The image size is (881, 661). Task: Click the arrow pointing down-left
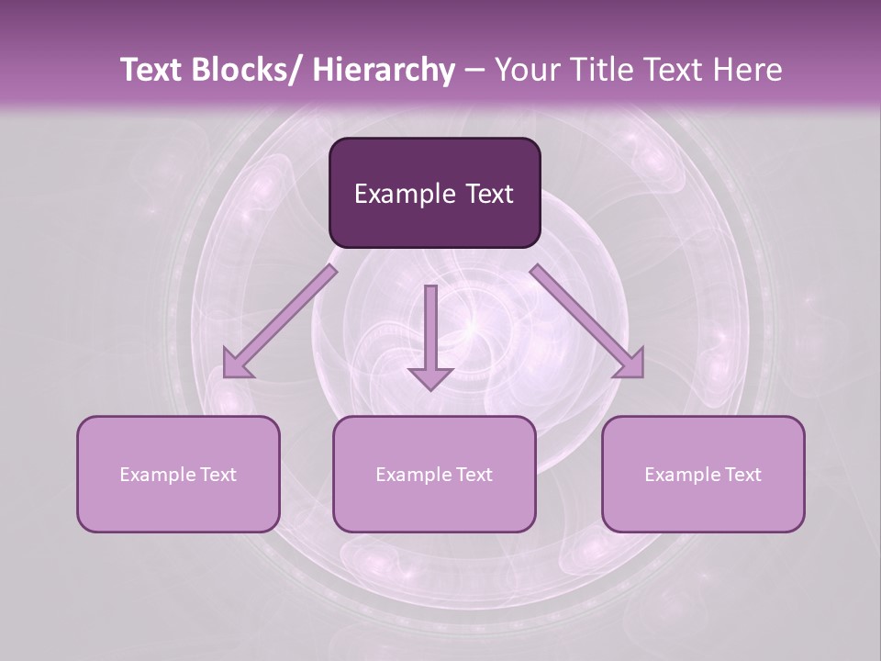click(280, 321)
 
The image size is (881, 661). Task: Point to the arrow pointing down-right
click(587, 321)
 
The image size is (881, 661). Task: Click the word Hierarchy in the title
click(384, 70)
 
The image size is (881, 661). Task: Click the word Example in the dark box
click(404, 194)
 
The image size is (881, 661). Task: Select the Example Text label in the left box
click(178, 475)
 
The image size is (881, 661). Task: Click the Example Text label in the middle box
click(434, 475)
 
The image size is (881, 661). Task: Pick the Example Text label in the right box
click(703, 475)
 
